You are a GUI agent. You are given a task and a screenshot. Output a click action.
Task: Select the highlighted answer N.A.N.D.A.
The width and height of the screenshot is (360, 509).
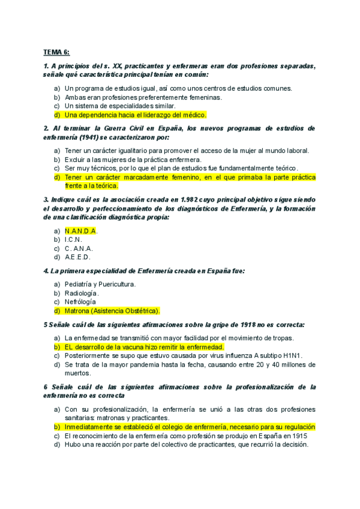80,231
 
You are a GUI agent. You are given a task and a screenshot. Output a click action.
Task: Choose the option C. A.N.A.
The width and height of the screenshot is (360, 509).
79,248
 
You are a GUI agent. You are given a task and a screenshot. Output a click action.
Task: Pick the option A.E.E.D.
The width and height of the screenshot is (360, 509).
78,257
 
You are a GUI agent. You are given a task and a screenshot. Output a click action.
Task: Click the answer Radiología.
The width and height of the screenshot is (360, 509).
82,293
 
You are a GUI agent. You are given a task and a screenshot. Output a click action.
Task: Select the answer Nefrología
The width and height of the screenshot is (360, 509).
80,302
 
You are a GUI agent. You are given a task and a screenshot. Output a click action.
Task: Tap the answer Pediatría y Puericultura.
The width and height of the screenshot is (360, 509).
100,285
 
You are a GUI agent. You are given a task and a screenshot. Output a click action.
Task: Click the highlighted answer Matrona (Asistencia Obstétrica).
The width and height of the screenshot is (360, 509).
112,311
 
